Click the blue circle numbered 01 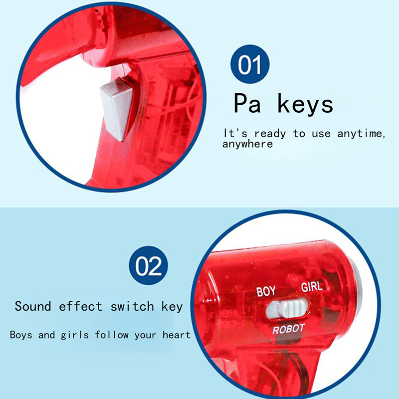(x=250, y=64)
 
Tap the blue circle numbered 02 (x=148, y=265)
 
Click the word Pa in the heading (x=247, y=103)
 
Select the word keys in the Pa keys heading (x=305, y=104)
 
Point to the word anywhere (x=247, y=144)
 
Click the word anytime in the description (x=361, y=133)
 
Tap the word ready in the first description (x=270, y=134)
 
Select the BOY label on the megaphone (x=266, y=292)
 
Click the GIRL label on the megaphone (x=312, y=287)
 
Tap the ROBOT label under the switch (x=289, y=329)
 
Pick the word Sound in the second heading (x=33, y=306)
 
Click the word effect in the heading (x=80, y=306)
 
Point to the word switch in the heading (x=132, y=306)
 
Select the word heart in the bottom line (x=177, y=335)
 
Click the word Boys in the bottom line (x=21, y=335)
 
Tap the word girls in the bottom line (x=75, y=335)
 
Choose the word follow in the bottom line (x=112, y=335)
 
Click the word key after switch (x=172, y=307)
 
